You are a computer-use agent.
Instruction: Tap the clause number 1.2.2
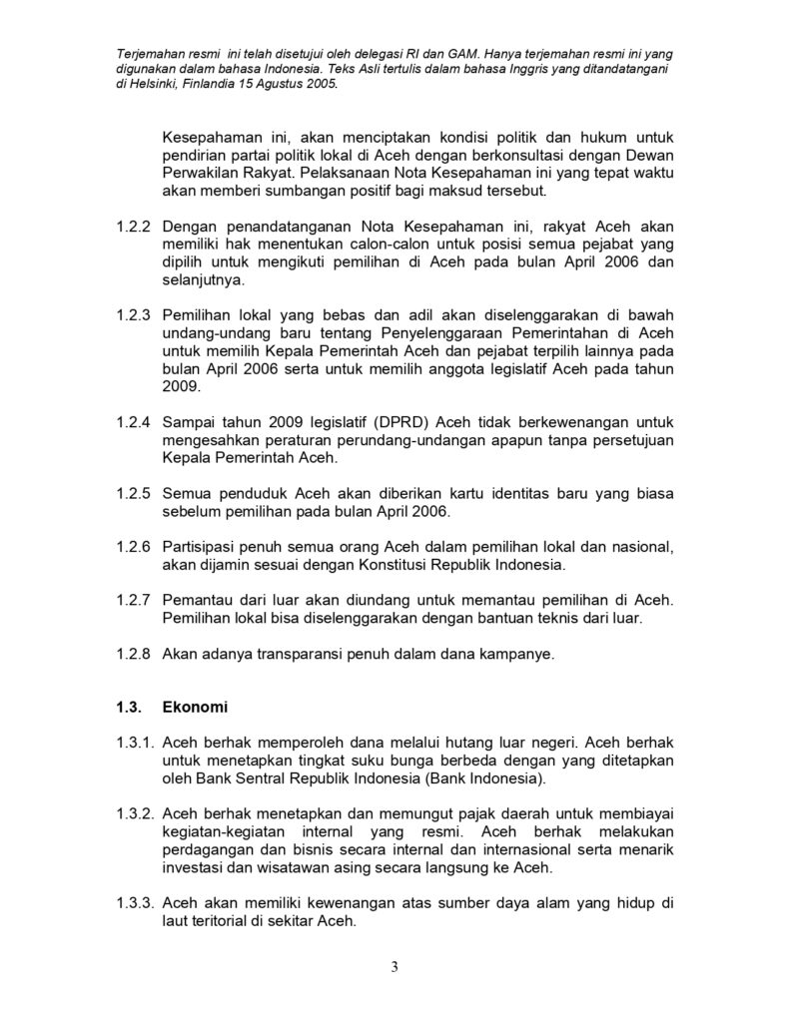click(133, 229)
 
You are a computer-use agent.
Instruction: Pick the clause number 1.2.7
click(133, 602)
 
